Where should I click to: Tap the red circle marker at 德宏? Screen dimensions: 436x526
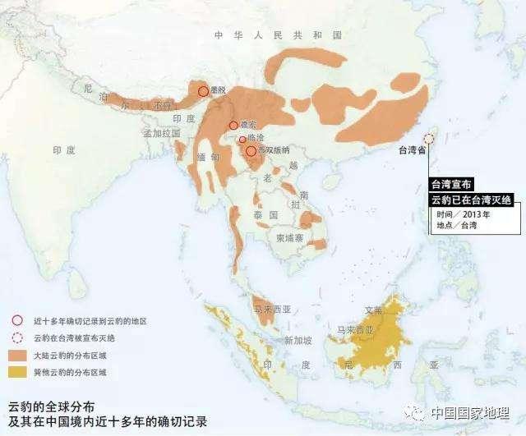[233, 126]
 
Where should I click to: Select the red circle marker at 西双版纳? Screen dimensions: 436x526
[251, 150]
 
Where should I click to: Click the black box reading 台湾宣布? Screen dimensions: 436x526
[451, 186]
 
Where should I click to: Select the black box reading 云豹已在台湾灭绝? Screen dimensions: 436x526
[473, 200]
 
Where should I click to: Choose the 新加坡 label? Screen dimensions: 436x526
[297, 340]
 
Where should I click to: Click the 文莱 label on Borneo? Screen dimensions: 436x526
[374, 310]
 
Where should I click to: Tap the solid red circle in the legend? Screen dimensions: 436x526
[17, 321]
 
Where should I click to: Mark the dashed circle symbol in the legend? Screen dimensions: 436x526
[17, 338]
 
